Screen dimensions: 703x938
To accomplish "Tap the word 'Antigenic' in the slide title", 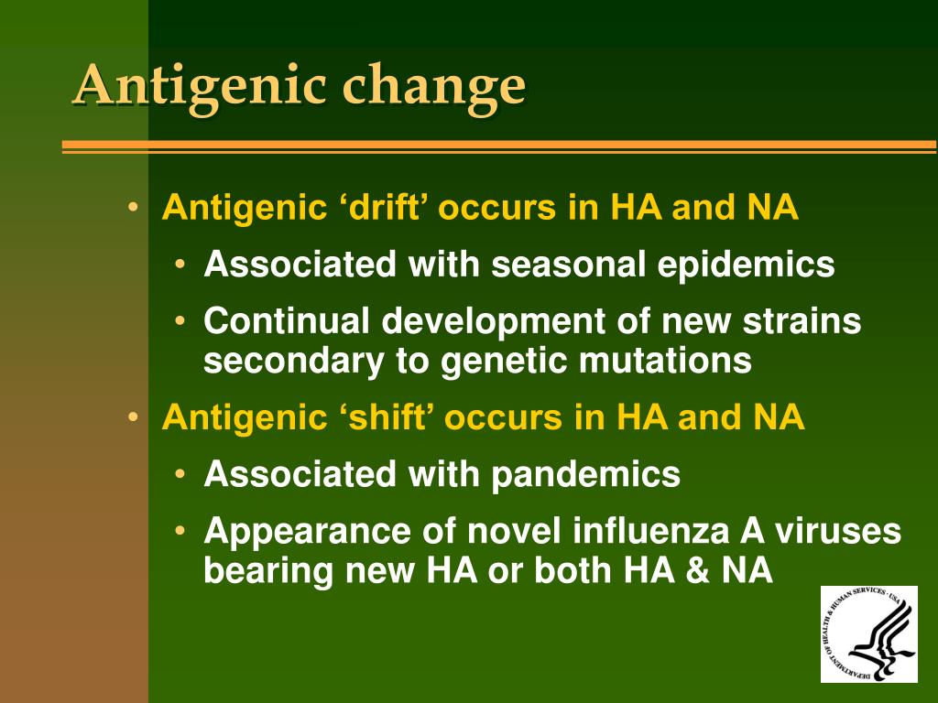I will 200,88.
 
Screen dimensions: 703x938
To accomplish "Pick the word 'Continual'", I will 287,321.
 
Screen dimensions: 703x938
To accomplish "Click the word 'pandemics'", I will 585,474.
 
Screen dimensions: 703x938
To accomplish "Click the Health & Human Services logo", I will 868,633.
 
